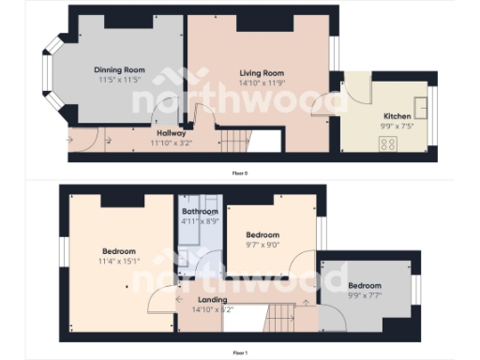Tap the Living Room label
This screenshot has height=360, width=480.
click(262, 72)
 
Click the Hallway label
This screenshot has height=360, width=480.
click(170, 133)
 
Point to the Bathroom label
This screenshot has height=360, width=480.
click(200, 212)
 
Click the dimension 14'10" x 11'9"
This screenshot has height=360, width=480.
click(262, 82)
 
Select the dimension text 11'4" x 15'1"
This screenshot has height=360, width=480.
click(119, 261)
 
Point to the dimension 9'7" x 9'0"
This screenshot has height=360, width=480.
click(262, 246)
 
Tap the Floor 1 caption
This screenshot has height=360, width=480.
click(240, 352)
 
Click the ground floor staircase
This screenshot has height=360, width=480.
click(235, 142)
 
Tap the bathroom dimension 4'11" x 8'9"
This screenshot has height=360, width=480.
click(200, 222)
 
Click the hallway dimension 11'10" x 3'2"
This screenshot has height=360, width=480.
click(170, 143)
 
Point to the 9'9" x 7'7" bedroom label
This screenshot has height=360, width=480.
click(365, 285)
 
